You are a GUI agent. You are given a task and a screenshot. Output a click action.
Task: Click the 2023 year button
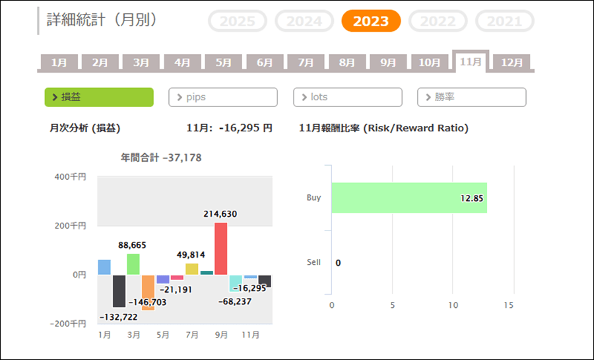coord(370,21)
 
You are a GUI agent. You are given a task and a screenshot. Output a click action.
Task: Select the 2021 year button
coord(504,21)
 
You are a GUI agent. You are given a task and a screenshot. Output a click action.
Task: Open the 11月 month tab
coord(471,62)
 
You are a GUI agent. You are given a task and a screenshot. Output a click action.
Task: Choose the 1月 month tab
coord(59,63)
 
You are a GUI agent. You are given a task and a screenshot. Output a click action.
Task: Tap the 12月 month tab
coord(511,63)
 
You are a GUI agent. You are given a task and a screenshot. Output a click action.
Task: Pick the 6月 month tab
coord(265,63)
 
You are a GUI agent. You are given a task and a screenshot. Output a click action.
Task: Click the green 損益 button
coord(99,97)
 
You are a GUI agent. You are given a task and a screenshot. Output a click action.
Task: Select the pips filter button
coord(223,97)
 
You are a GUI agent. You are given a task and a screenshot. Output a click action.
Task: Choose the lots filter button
coord(347,97)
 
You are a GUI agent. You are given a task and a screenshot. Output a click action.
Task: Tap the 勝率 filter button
coord(471,97)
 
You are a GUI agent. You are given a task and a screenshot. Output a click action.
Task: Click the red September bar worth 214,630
coord(221,248)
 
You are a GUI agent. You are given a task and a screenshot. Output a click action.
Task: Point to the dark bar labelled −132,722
coord(119,291)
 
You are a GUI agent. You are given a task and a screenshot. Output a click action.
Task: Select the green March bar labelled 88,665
coord(133,264)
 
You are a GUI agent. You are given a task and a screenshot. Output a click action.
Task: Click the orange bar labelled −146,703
coord(148,292)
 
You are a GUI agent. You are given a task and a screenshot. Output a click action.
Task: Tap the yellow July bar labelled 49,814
coord(192,269)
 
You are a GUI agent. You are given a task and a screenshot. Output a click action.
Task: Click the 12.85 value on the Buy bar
coord(473,198)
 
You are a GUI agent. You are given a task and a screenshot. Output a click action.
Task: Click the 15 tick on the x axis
coord(508,305)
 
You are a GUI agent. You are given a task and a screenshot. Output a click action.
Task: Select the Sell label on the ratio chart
coord(313,262)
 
